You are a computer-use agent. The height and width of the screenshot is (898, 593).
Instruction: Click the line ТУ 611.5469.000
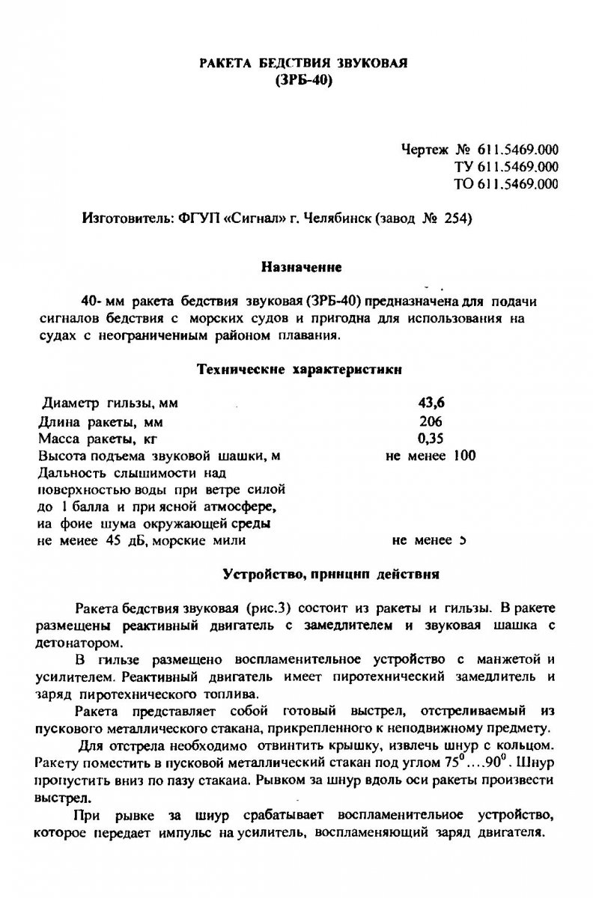(506, 166)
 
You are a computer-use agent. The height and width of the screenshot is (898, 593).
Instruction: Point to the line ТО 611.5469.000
(506, 183)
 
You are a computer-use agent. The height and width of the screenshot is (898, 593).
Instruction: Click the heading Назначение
(302, 266)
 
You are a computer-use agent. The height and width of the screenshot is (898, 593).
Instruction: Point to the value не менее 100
(431, 455)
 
